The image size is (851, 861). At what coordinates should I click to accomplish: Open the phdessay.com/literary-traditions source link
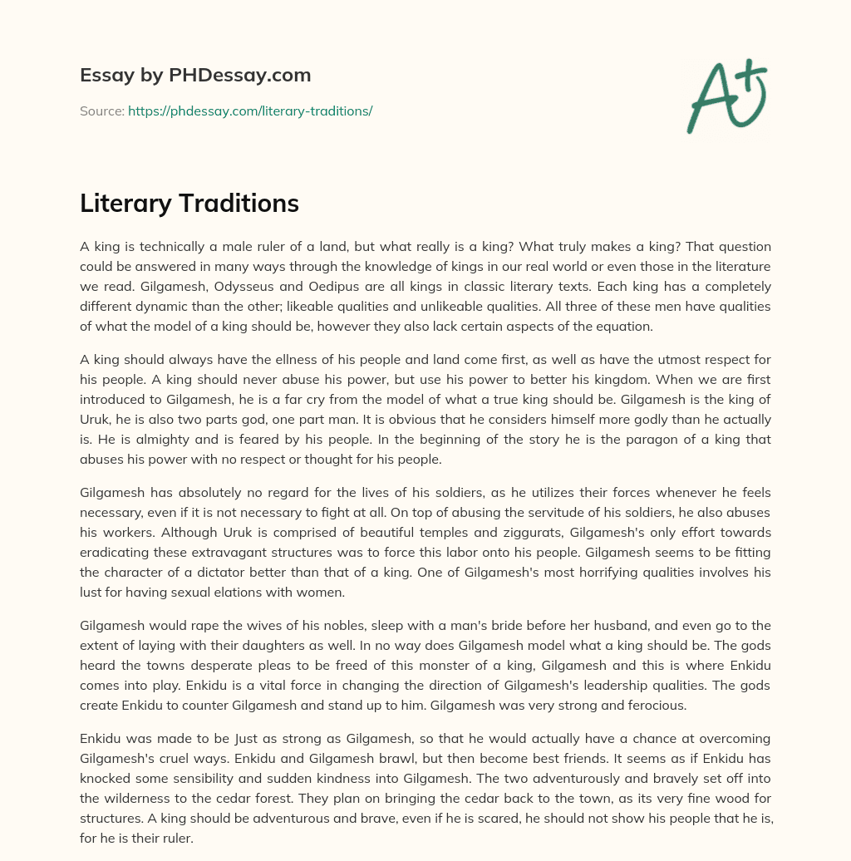tap(250, 111)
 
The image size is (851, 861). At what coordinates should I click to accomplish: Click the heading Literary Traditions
tap(189, 203)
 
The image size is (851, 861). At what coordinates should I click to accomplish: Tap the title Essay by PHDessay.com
tap(195, 76)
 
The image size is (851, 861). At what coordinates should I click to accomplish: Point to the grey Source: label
tap(101, 111)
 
